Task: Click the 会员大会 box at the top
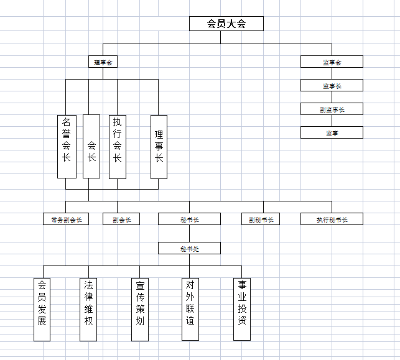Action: (x=226, y=24)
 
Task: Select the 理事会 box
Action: (x=103, y=62)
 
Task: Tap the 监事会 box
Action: (x=332, y=62)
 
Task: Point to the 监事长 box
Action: (x=332, y=85)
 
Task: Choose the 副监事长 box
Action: (x=332, y=109)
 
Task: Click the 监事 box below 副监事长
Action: (x=332, y=132)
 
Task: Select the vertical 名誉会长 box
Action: (x=67, y=147)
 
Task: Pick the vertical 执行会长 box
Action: (x=117, y=147)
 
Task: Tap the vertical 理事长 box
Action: (x=159, y=147)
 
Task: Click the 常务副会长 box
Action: (x=67, y=219)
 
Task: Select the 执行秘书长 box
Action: (x=332, y=219)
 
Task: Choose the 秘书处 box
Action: (x=189, y=249)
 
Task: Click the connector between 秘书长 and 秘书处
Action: (x=189, y=234)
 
